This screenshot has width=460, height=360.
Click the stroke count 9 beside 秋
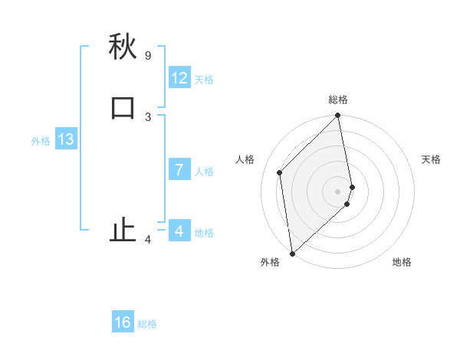pyautogui.click(x=148, y=56)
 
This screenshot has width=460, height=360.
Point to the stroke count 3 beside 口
pyautogui.click(x=148, y=116)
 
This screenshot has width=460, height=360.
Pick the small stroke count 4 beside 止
pyautogui.click(x=148, y=240)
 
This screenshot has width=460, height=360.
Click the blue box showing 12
pyautogui.click(x=179, y=78)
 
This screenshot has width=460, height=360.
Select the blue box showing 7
pyautogui.click(x=179, y=169)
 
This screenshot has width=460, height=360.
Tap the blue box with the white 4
pyautogui.click(x=179, y=231)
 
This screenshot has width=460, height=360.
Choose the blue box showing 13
pyautogui.click(x=66, y=139)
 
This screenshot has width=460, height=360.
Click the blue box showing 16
pyautogui.click(x=123, y=322)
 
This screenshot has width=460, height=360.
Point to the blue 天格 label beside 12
pyautogui.click(x=204, y=80)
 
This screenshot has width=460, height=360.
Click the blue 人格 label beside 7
pyautogui.click(x=204, y=171)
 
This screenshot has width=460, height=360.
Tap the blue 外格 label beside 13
pyautogui.click(x=41, y=141)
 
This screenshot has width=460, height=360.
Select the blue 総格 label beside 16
pyautogui.click(x=147, y=324)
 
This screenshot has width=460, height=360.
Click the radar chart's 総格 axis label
pyautogui.click(x=338, y=100)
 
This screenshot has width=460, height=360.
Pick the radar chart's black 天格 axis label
pyautogui.click(x=431, y=159)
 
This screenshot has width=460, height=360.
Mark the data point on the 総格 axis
pyautogui.click(x=338, y=116)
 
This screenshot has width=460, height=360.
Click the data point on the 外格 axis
pyautogui.click(x=292, y=253)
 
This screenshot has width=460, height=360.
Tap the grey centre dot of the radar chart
pyautogui.click(x=338, y=191)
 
